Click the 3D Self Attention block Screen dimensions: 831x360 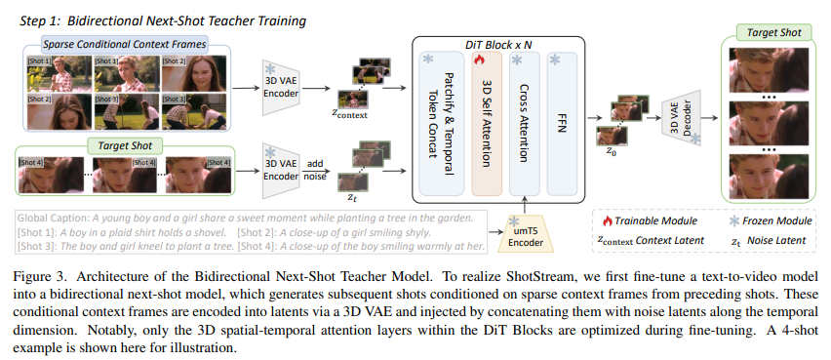pos(487,124)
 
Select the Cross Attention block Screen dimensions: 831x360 pos(524,124)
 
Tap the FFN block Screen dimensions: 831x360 pos(562,124)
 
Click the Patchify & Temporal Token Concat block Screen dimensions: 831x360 pos(442,124)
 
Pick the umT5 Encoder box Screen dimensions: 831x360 pos(526,233)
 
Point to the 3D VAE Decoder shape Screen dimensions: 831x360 pos(682,120)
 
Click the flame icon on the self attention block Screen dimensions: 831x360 pos(480,60)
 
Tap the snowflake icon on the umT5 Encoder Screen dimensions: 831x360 pos(513,221)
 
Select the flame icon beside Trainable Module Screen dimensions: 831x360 pos(607,220)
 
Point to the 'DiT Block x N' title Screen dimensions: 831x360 pos(497,45)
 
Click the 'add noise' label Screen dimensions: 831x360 pos(315,170)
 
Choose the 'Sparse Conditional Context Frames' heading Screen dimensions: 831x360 pos(125,44)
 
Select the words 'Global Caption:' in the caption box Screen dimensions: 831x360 pos(54,218)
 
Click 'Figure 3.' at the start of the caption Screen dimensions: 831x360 pos(35,277)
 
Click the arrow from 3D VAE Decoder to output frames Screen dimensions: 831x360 pos(711,119)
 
